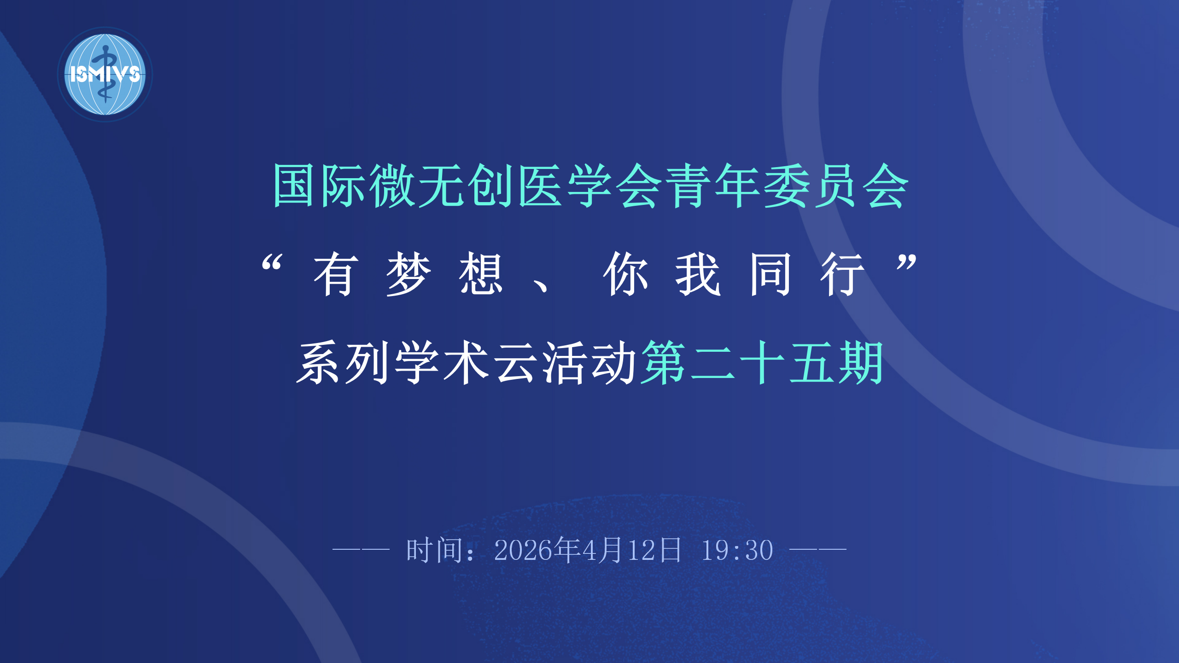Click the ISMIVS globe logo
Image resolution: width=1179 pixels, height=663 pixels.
tap(105, 75)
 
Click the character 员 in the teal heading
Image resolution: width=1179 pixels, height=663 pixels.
tap(835, 186)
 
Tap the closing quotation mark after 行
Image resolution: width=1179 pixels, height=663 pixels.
tap(906, 262)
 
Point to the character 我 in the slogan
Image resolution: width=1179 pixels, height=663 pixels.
tap(698, 274)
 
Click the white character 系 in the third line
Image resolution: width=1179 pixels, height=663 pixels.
tap(319, 362)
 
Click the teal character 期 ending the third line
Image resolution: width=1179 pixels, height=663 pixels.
tap(860, 362)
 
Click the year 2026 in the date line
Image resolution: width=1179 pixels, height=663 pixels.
tap(523, 550)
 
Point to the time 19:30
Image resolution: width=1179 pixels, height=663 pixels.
tap(737, 550)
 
